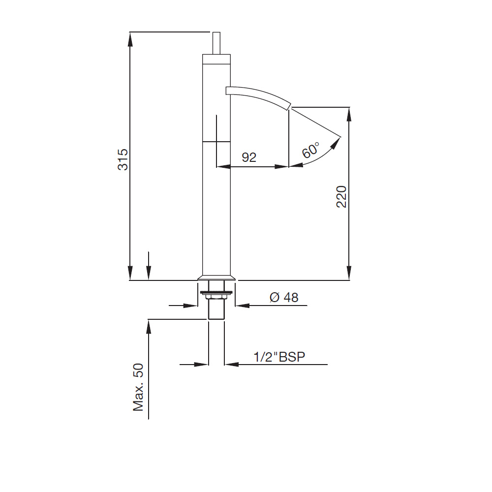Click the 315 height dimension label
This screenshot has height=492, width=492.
(x=123, y=160)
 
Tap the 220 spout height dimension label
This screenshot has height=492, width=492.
(x=341, y=197)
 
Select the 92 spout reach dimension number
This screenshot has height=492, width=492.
(x=249, y=157)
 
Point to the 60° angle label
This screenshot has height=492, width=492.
(x=310, y=150)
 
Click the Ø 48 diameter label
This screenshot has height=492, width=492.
(x=284, y=298)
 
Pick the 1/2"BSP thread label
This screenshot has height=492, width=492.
(x=279, y=357)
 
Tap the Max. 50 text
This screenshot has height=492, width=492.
(x=138, y=387)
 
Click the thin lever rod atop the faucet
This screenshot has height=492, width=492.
(x=216, y=43)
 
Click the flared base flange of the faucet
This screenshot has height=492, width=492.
(x=216, y=277)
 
